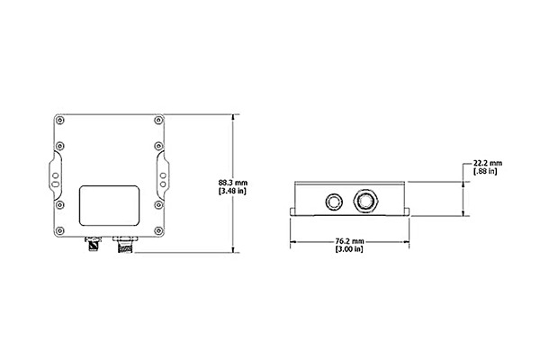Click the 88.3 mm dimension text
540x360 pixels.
coord(233,183)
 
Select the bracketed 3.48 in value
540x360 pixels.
coord(232,191)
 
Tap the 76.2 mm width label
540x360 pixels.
coord(349,241)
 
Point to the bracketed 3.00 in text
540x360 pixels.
coord(349,248)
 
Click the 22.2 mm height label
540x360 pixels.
coord(488,163)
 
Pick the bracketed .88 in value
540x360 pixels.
coord(486,171)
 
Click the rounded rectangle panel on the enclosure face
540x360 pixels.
coord(110,206)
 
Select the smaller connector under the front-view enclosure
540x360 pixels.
coord(93,244)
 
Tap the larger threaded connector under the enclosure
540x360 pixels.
coord(125,244)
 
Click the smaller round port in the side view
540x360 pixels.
coord(333,202)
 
